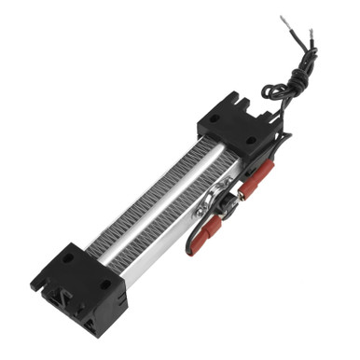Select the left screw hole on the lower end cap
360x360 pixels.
click(68, 257)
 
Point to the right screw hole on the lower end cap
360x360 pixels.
click(104, 284)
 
